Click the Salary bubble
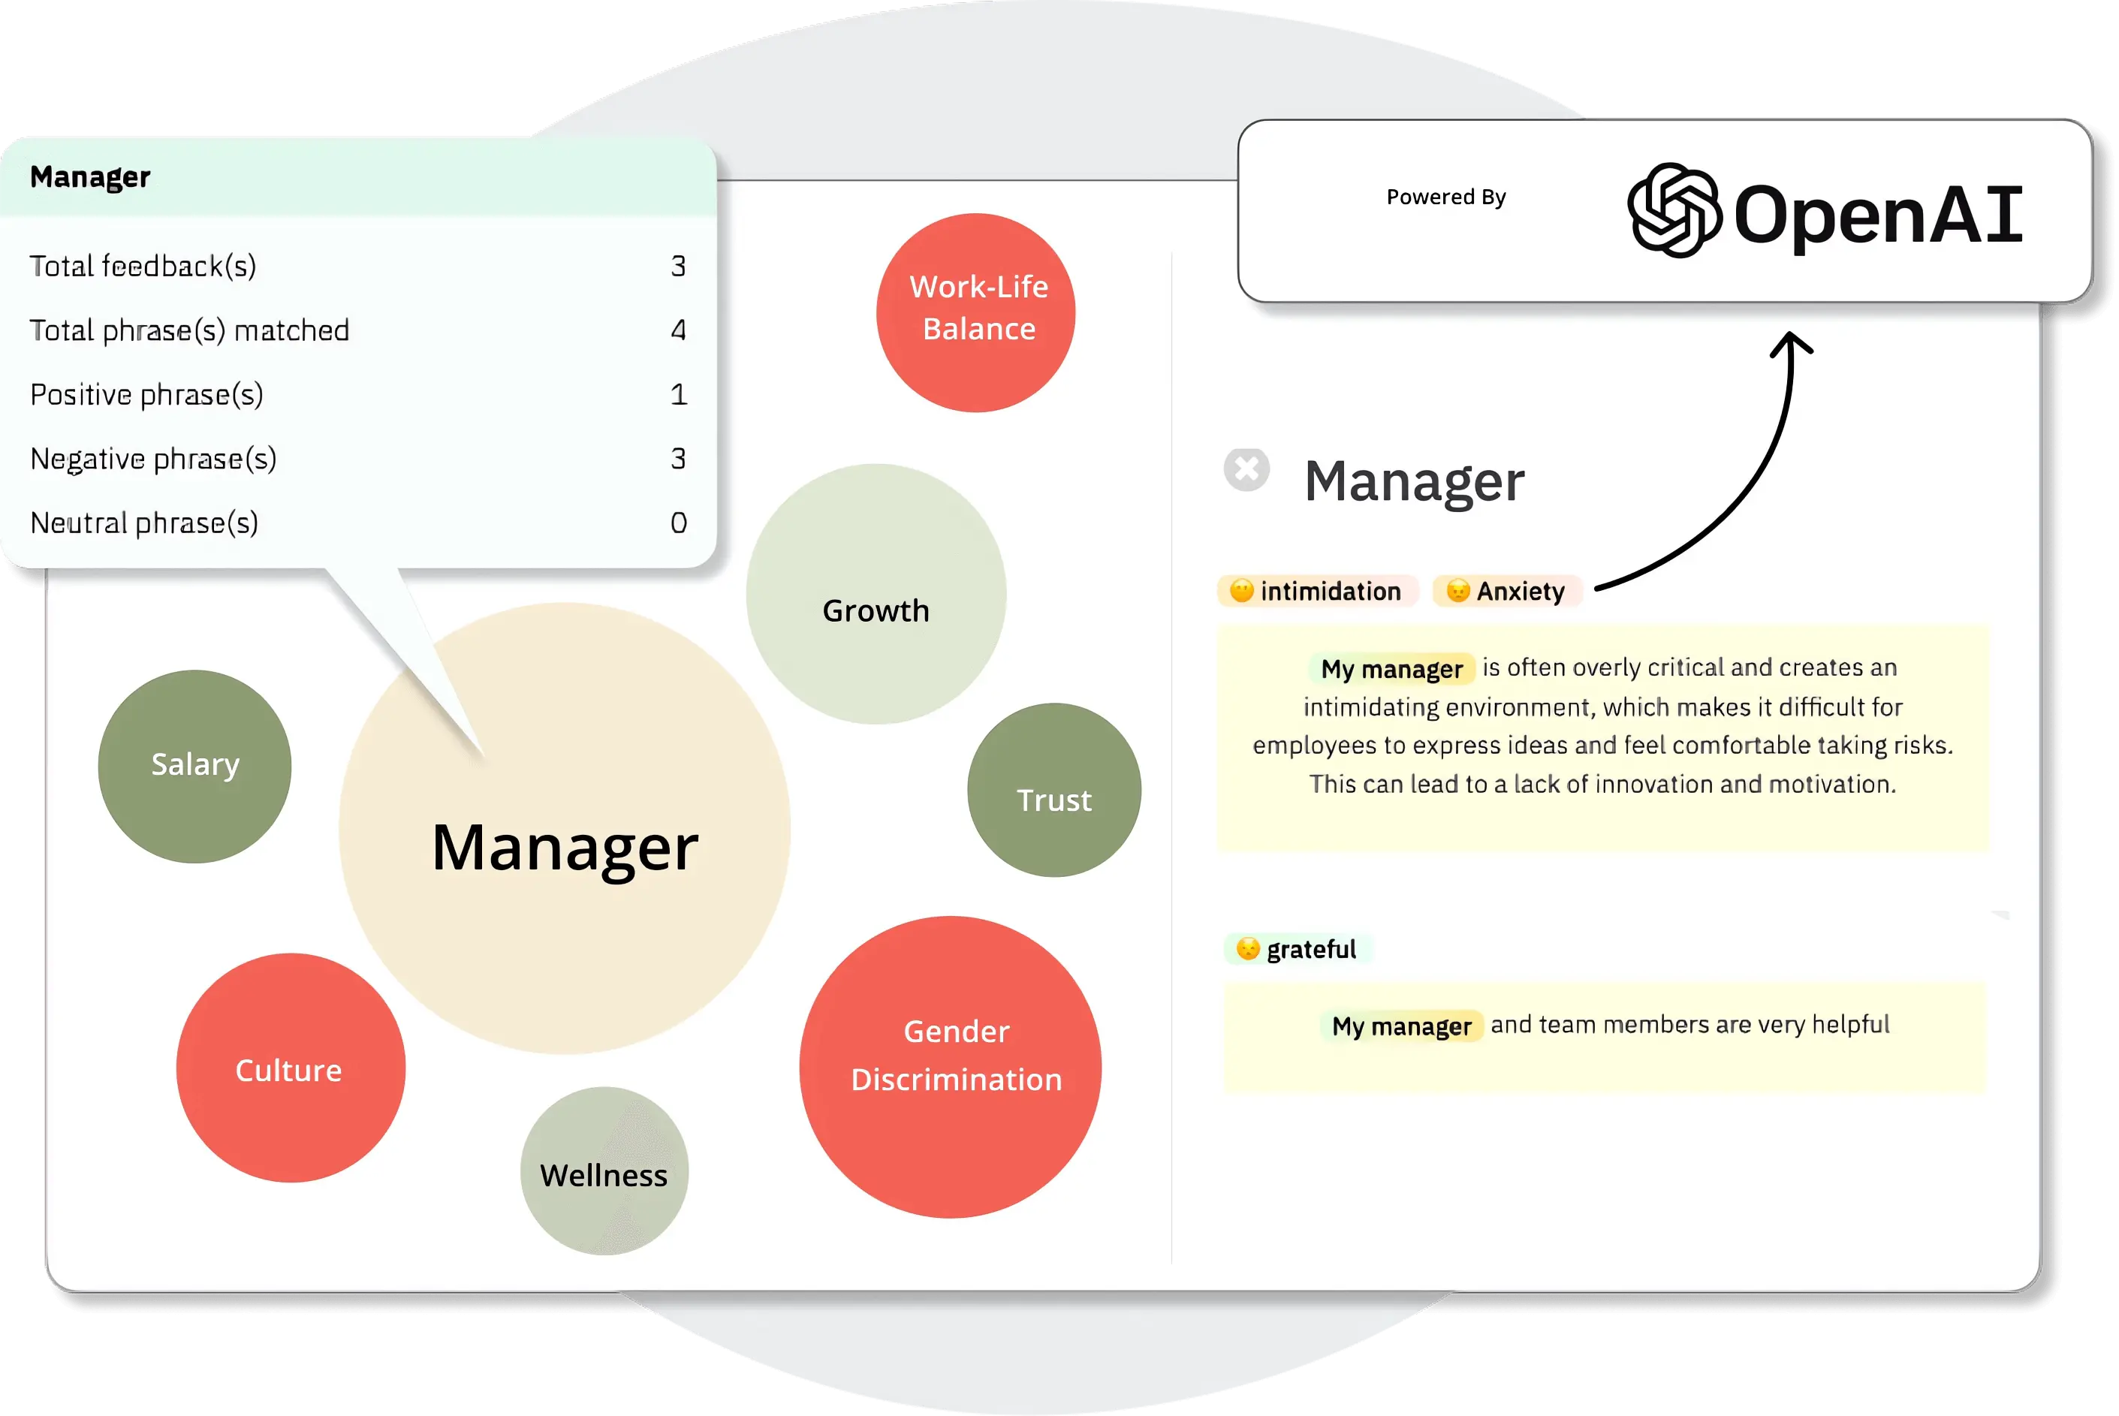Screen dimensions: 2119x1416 (194, 766)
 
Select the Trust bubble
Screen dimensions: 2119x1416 (1054, 790)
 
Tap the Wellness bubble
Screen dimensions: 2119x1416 (604, 1171)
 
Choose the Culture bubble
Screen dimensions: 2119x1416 (291, 1068)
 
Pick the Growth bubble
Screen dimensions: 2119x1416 (876, 593)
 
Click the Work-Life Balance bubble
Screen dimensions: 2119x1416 (975, 312)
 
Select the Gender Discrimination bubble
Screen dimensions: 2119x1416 (950, 1068)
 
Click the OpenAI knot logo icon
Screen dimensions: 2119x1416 (1674, 210)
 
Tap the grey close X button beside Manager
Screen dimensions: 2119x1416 (1246, 469)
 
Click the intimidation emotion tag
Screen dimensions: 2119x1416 (1317, 592)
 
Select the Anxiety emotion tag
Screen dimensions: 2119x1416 (1506, 592)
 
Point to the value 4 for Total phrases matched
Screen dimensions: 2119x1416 (678, 330)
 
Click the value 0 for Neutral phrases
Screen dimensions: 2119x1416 (678, 523)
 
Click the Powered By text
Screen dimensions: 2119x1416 (1446, 197)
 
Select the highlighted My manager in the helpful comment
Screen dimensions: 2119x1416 (1401, 1026)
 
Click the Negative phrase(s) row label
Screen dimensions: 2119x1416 (153, 459)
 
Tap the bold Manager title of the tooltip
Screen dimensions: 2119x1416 (90, 177)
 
